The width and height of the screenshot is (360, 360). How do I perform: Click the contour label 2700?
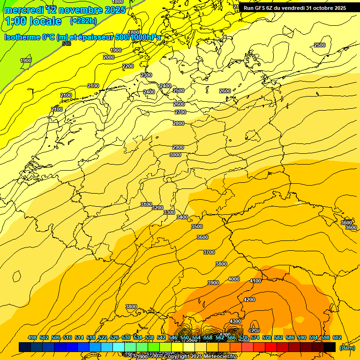180,112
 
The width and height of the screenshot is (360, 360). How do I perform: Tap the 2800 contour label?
179,123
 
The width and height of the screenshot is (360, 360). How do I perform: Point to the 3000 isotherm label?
175,155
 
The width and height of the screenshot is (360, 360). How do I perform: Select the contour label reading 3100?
146,204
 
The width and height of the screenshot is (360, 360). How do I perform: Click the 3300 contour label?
169,212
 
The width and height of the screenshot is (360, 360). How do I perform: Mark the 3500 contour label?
197,226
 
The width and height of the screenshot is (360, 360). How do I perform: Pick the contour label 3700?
209,252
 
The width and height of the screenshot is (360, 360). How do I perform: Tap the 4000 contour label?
234,279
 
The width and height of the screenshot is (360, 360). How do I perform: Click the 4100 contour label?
255,281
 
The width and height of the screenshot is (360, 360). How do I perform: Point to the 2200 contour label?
128,66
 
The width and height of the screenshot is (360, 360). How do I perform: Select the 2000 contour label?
109,57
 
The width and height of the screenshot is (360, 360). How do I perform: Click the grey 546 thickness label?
67,44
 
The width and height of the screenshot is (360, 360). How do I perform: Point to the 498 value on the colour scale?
32,337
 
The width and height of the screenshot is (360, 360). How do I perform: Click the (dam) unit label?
347,347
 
